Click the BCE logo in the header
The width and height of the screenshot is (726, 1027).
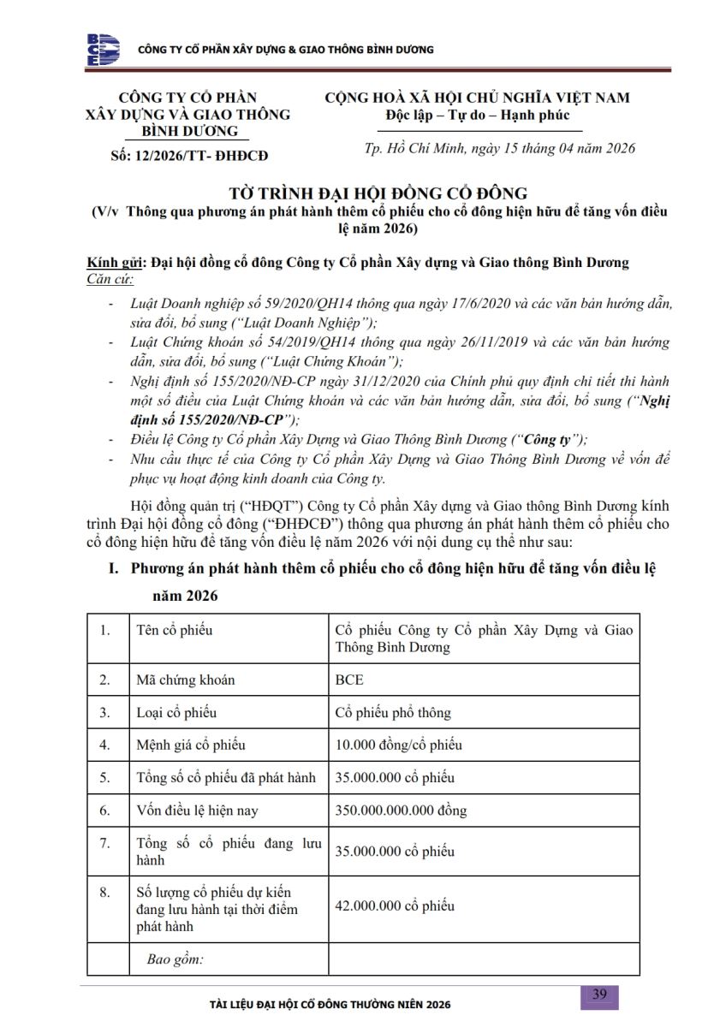click(x=103, y=50)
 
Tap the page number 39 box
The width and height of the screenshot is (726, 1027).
click(x=599, y=994)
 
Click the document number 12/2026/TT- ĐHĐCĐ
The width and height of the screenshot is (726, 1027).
click(x=191, y=155)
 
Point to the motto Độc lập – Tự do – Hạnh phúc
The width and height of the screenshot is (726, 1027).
click(x=477, y=115)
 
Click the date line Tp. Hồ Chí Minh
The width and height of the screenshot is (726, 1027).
click(x=500, y=148)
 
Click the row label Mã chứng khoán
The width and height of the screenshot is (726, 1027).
click(x=186, y=680)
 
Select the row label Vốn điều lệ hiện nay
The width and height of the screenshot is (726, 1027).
click(x=197, y=810)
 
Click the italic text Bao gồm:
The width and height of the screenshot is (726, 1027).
click(x=175, y=959)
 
